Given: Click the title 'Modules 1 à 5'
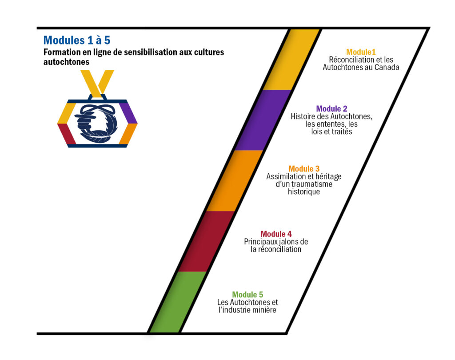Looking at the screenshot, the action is (77, 40).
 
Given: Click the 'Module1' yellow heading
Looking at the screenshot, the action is (361, 52).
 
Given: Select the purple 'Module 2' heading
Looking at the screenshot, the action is (331, 108).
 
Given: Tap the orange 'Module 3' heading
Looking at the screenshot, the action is (304, 169).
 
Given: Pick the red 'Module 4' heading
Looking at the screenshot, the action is (276, 234).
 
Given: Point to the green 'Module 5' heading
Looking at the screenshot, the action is (247, 294).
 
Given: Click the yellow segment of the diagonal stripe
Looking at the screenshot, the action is (290, 60).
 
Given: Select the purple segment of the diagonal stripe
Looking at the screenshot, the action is (263, 120).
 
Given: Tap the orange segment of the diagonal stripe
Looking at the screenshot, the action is (235, 180).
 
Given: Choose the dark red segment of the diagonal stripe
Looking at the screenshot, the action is (206, 241).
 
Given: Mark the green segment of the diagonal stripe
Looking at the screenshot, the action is (178, 302).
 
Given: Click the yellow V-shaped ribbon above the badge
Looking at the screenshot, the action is (97, 82).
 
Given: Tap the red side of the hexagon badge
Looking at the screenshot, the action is (67, 134).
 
